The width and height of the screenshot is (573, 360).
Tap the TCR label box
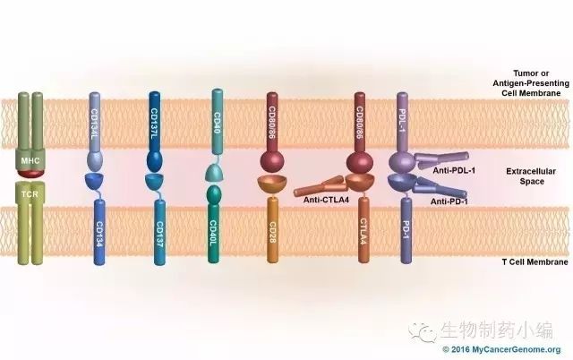click(x=30, y=193)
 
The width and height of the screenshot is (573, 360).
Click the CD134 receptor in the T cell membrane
click(x=98, y=237)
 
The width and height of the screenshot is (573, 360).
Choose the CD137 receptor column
click(x=158, y=237)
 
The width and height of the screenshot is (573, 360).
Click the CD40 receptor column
click(x=218, y=121)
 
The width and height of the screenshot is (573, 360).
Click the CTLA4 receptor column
click(x=364, y=237)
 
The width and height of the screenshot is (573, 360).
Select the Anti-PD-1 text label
click(x=453, y=202)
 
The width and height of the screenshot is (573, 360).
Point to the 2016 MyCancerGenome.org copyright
click(x=500, y=349)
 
